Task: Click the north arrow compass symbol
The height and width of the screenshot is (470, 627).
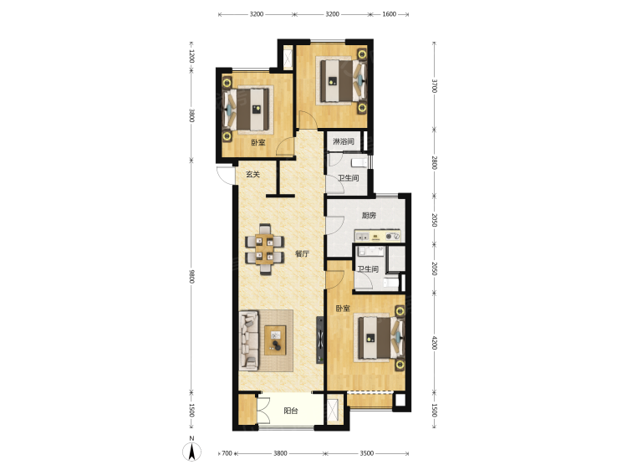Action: pos(192,452)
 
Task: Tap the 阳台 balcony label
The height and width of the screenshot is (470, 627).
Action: pos(291,411)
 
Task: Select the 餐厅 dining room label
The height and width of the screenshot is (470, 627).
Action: pos(302,253)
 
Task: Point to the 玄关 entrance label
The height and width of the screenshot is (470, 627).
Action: pos(252,175)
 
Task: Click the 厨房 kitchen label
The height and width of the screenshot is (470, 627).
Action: pos(369,216)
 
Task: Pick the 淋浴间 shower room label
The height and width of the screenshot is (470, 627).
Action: pos(344,141)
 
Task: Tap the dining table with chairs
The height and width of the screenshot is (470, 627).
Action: pos(265,249)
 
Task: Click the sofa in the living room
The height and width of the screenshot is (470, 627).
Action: pos(249,340)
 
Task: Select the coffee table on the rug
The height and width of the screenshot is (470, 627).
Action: pos(275,340)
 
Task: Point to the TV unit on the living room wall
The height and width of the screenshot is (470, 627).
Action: pos(320,340)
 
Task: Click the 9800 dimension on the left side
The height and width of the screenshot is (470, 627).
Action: pos(191,276)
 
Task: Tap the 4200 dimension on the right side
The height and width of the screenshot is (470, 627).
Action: pos(434,343)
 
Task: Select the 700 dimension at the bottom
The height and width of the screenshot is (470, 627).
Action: pos(227,453)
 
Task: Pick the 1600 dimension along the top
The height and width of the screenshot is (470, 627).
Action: pos(389,14)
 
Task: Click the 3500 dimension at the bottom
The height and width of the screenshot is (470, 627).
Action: pos(367,453)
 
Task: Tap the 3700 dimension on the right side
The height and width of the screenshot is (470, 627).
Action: pos(434,85)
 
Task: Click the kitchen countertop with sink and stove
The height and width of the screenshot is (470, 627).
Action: pos(378,236)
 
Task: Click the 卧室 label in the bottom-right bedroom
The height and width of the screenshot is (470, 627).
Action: pos(343,309)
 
